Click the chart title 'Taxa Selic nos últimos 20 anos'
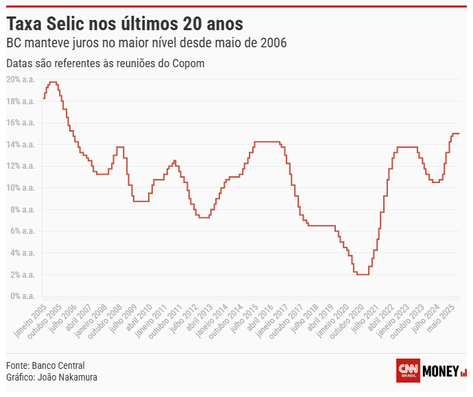pyautogui.click(x=124, y=24)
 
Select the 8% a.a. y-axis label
pyautogui.click(x=22, y=210)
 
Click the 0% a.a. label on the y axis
pyautogui.click(x=22, y=296)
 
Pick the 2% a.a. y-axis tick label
pyautogui.click(x=22, y=275)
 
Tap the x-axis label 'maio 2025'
pyautogui.click(x=443, y=319)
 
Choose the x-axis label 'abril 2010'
pyautogui.click(x=136, y=320)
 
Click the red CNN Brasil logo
pyautogui.click(x=409, y=370)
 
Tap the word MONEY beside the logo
pyautogui.click(x=441, y=371)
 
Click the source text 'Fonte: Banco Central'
pyautogui.click(x=45, y=365)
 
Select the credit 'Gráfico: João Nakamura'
pyautogui.click(x=51, y=377)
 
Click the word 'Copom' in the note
pyautogui.click(x=189, y=63)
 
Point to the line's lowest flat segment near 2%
pyautogui.click(x=363, y=275)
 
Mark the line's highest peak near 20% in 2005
pyautogui.click(x=53, y=82)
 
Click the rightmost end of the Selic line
pyautogui.click(x=459, y=134)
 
